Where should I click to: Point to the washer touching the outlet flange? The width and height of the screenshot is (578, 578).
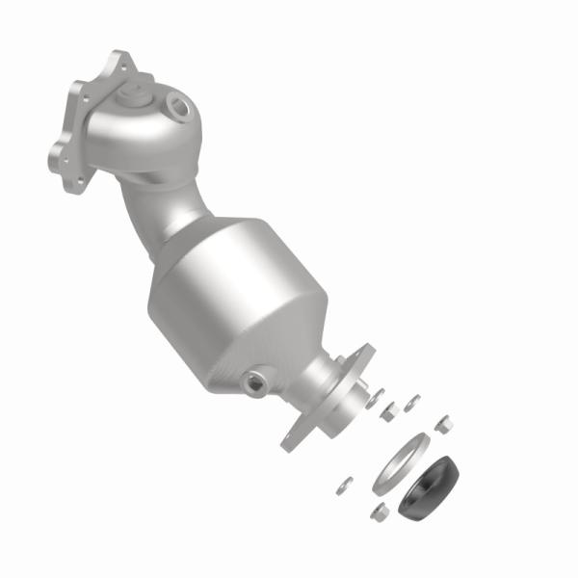(x=376, y=395)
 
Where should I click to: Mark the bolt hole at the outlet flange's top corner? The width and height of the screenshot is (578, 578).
(x=363, y=351)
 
